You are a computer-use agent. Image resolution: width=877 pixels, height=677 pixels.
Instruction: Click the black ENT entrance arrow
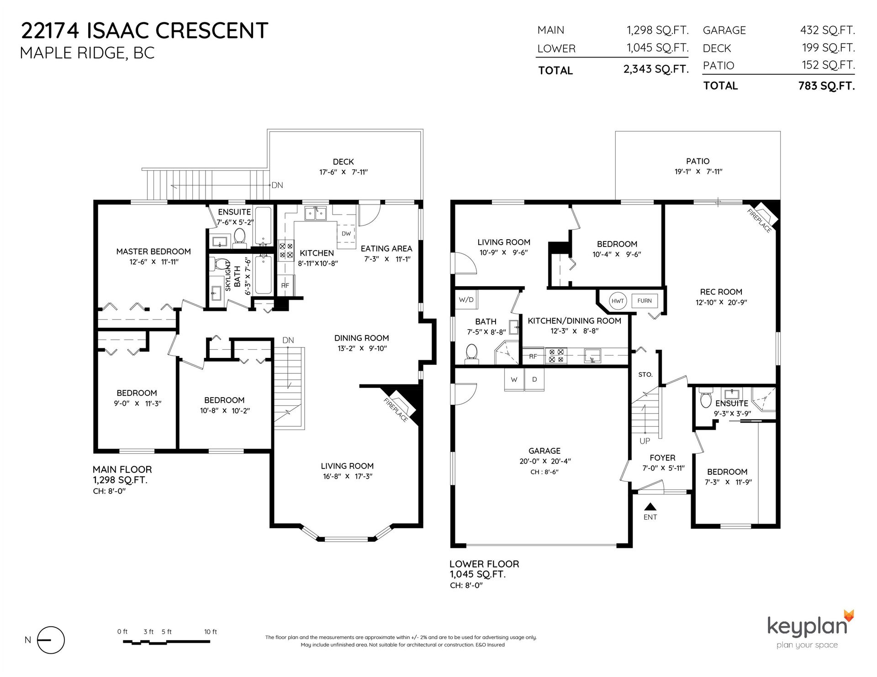tap(650, 506)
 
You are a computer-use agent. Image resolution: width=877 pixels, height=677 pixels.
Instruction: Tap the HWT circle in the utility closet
tap(618, 301)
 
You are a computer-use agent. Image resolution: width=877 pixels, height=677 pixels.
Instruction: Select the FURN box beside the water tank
tap(645, 300)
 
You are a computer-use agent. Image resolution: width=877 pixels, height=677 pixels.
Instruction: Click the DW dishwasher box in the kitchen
tap(346, 234)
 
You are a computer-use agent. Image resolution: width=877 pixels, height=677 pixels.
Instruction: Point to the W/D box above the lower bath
tap(466, 299)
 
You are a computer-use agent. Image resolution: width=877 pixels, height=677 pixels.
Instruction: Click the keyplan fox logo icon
tap(848, 615)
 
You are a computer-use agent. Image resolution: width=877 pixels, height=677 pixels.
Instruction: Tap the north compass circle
tap(51, 640)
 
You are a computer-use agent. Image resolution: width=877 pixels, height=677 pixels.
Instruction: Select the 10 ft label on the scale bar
tap(211, 632)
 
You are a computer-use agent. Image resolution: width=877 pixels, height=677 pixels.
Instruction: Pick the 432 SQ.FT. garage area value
tap(827, 30)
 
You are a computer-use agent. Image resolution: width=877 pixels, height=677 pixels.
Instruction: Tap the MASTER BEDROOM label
tap(153, 252)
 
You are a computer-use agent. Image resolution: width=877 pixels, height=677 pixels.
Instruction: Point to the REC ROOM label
tap(721, 292)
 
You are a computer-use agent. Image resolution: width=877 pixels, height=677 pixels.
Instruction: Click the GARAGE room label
tap(544, 451)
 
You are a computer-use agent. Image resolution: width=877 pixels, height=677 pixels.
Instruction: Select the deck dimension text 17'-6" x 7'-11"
tap(343, 172)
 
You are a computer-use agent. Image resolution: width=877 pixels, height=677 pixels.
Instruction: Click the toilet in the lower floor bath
tap(471, 354)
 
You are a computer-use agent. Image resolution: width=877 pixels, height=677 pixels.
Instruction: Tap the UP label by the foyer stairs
tap(645, 441)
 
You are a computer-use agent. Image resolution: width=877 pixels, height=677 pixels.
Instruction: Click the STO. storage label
tap(645, 374)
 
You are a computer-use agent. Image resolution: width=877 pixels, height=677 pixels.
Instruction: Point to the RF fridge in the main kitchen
tap(285, 285)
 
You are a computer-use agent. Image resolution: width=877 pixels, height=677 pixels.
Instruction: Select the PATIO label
tap(697, 161)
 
